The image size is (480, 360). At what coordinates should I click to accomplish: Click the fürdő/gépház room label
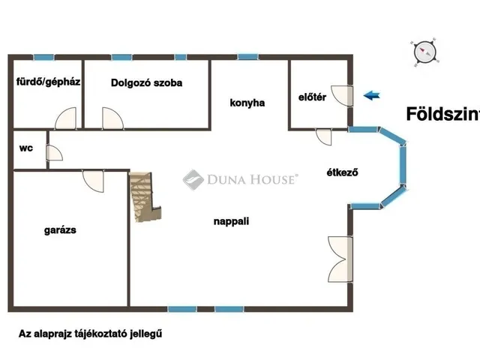pos(48,82)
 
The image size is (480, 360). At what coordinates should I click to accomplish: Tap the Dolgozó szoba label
pos(147,82)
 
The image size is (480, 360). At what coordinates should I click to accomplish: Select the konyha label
pos(247,103)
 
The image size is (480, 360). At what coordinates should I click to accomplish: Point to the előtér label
pos(312,97)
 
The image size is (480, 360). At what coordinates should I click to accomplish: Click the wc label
pos(26,148)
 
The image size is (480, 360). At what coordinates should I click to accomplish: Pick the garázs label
pos(60,230)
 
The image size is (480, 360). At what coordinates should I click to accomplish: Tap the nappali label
pos(232,221)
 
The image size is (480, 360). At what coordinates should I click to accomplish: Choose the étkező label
pos(342,172)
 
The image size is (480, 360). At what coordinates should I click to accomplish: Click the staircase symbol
pos(145,196)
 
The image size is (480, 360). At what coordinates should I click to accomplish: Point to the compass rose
pos(425,52)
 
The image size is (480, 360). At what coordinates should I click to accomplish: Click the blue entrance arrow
pos(372,95)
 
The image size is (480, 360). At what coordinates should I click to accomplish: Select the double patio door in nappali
pos(340,259)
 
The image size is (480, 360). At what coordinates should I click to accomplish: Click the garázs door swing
pos(93,181)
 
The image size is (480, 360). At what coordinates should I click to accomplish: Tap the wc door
pos(54,153)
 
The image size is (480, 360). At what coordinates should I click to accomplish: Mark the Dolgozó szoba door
pos(112,118)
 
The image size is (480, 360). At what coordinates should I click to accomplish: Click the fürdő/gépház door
pos(65,118)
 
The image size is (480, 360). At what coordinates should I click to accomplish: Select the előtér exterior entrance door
pos(342,95)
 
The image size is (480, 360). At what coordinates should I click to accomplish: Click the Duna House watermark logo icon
pos(193,180)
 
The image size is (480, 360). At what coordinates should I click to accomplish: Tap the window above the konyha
pos(247,57)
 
